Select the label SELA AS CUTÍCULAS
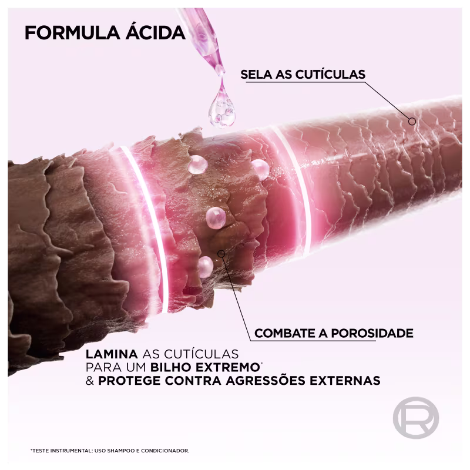click(x=303, y=74)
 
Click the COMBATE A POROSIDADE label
click(x=333, y=333)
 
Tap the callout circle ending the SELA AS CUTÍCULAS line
click(x=412, y=122)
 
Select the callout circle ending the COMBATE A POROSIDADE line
click(x=221, y=254)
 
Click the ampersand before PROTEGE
click(x=90, y=381)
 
